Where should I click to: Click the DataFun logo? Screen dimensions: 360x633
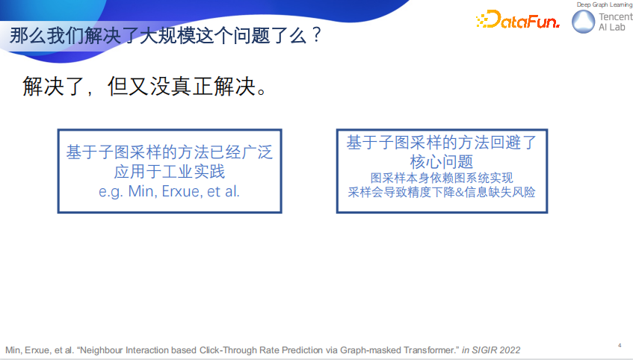[x=517, y=20]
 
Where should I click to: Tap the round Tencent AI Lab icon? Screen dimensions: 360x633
[x=584, y=22]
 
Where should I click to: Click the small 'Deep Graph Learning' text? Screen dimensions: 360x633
[x=605, y=5]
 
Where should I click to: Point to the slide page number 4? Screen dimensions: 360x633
[x=620, y=344]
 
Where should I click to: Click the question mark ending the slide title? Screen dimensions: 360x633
[x=317, y=35]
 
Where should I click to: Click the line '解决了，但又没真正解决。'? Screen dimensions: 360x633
[x=145, y=88]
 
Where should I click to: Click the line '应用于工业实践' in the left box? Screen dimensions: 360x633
[x=170, y=172]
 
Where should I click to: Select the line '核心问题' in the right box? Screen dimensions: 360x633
[x=442, y=161]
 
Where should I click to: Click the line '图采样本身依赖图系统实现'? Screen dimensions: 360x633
[x=442, y=178]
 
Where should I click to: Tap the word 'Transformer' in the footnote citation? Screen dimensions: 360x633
[x=424, y=350]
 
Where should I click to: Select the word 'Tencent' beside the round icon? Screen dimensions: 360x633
[x=616, y=17]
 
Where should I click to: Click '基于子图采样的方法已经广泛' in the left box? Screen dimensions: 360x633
[x=170, y=152]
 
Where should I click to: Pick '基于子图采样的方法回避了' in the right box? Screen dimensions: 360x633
[x=442, y=142]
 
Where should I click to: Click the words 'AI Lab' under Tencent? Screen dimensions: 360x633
[x=613, y=28]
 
